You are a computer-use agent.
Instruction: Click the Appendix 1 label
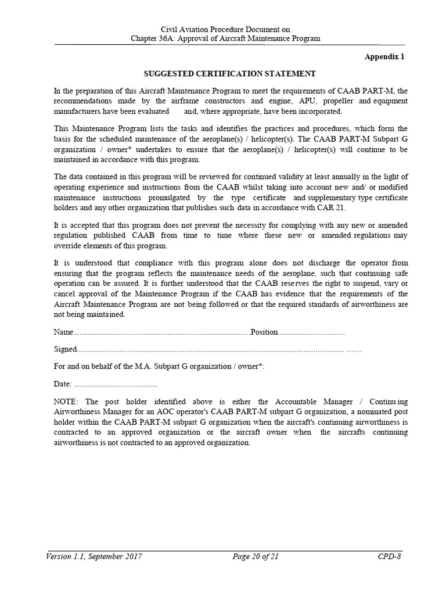coord(384,57)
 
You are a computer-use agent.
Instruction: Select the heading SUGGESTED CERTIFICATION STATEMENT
coord(230,74)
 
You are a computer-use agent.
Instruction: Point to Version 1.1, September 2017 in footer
coord(95,557)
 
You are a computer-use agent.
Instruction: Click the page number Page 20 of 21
coord(256,557)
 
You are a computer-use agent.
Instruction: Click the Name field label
coord(63,332)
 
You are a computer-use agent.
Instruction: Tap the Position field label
coord(264,332)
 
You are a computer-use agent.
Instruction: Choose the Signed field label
coord(65,349)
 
